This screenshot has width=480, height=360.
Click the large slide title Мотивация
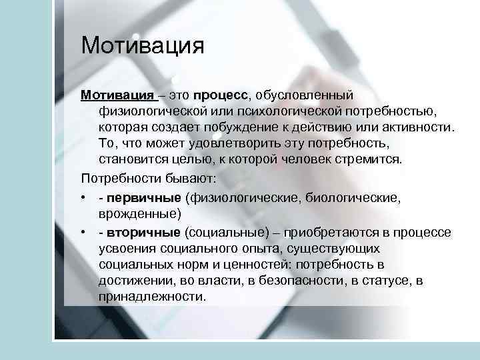click(x=141, y=47)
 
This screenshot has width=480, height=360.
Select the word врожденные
click(x=137, y=214)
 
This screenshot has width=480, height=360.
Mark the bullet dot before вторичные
click(x=84, y=232)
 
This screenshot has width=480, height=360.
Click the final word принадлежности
click(x=151, y=298)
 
